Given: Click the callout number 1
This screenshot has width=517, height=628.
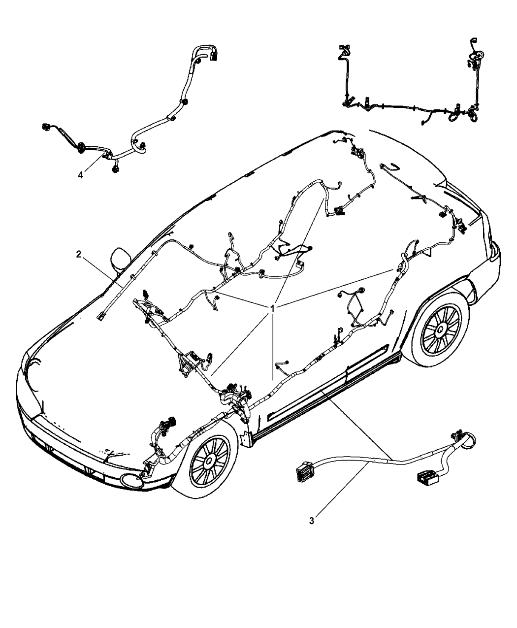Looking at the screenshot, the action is pos(272,308).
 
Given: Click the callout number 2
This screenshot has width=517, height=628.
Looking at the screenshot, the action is pos(78,255).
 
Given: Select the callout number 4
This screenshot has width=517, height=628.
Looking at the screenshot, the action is pos(80,175).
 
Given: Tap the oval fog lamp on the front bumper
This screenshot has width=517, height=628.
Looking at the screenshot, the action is pos(132,482).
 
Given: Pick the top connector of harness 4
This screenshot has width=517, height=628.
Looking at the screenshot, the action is pos(214,56).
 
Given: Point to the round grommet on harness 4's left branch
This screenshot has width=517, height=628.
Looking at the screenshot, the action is pos(81,148).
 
